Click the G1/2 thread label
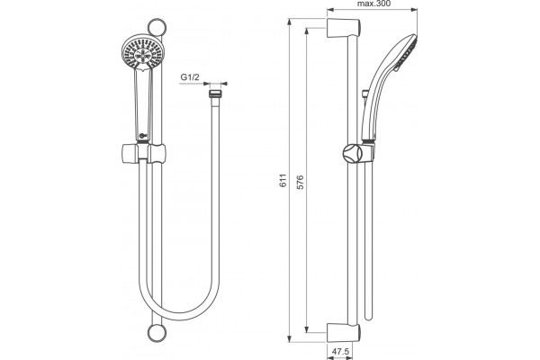[x=190, y=77]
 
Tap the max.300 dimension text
[x=373, y=4]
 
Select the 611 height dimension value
[x=283, y=180]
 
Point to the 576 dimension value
[x=300, y=182]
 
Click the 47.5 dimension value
[x=340, y=352]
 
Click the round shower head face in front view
[x=143, y=53]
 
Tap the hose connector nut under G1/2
[x=215, y=94]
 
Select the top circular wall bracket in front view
[x=157, y=28]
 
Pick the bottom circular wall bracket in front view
[x=157, y=333]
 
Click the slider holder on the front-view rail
[x=143, y=153]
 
